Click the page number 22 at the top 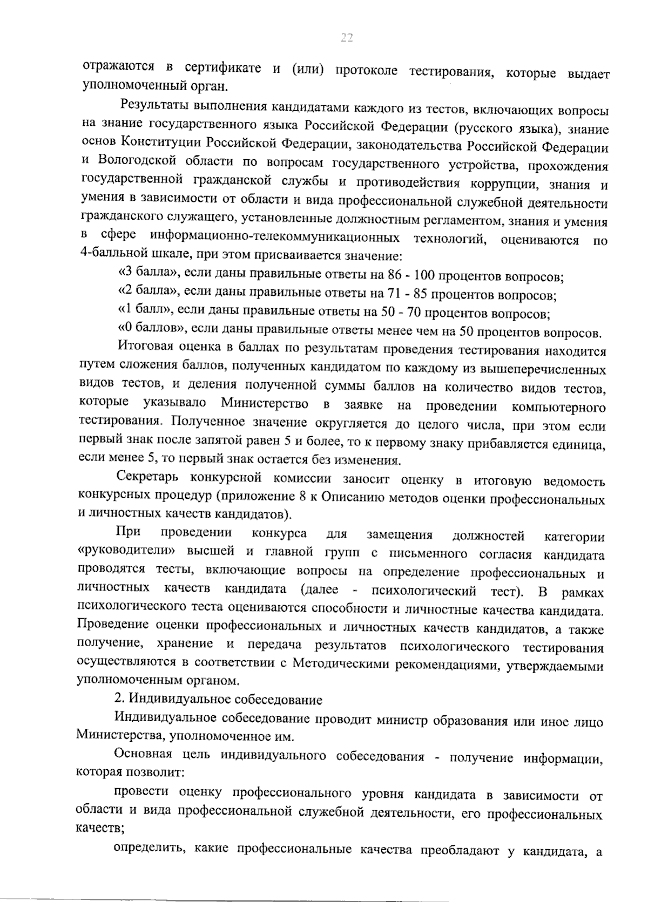[x=346, y=37]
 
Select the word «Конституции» [x=152, y=144]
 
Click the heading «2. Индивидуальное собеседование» [x=218, y=700]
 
